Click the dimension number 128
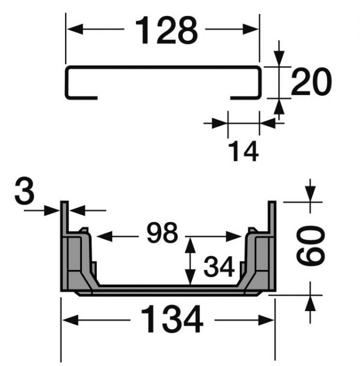click(166, 30)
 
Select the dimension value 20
click(311, 82)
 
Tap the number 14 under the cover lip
click(243, 151)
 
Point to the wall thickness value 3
click(24, 191)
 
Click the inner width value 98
click(162, 233)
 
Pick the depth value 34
click(219, 266)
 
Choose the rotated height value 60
click(310, 245)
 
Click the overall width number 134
click(172, 319)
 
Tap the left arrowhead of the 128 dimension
click(75, 29)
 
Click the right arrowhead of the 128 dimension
click(251, 29)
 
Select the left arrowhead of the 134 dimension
click(70, 320)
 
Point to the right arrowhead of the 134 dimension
click(266, 320)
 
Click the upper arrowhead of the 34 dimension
click(190, 245)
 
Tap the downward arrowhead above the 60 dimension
click(310, 194)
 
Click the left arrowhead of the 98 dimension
click(105, 236)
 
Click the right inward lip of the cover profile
click(245, 97)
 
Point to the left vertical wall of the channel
click(65, 246)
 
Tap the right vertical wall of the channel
click(272, 246)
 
